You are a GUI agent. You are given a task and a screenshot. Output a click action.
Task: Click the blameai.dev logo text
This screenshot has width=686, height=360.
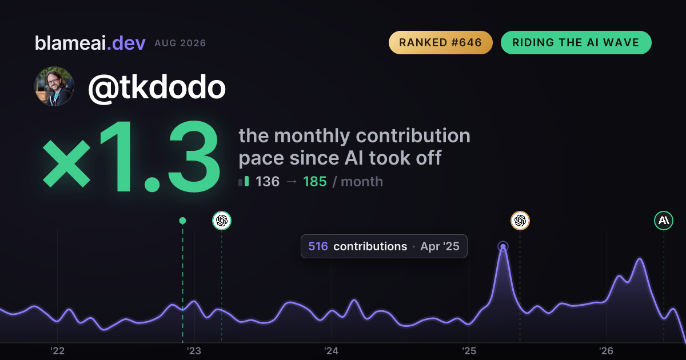[x=90, y=43]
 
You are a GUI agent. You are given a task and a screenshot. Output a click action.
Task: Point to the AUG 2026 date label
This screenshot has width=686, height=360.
[x=180, y=43]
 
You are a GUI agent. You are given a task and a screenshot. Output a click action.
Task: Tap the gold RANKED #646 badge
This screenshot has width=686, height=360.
[x=440, y=42]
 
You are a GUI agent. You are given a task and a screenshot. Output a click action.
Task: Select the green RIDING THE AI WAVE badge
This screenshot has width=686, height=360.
[x=576, y=42]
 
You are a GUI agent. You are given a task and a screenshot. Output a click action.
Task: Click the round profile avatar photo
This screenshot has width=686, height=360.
[x=54, y=86]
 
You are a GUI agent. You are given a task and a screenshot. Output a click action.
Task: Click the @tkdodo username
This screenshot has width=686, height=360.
[x=157, y=87]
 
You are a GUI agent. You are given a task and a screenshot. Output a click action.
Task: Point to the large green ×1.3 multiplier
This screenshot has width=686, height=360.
[x=131, y=156]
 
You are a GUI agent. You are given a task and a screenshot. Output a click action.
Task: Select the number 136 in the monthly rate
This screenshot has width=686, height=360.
[x=268, y=182]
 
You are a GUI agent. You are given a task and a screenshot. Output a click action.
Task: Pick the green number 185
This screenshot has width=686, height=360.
[x=315, y=182]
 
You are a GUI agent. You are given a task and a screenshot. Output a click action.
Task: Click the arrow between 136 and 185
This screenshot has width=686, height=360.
[x=291, y=182]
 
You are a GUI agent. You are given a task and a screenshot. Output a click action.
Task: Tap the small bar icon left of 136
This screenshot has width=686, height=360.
[x=244, y=181]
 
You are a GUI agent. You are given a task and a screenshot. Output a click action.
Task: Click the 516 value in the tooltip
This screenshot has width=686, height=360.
[x=318, y=246]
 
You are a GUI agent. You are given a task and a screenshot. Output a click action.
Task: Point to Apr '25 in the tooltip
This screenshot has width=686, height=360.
[x=440, y=246]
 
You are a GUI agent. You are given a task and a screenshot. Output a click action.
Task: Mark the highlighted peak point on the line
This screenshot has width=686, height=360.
[x=503, y=246]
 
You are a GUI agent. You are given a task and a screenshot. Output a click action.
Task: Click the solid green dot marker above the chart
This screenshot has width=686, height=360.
[x=182, y=221]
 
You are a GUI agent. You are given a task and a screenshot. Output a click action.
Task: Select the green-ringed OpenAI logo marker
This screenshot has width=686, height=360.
[x=222, y=221]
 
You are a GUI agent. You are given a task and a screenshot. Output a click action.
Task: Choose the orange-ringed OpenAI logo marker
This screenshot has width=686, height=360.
[x=520, y=221]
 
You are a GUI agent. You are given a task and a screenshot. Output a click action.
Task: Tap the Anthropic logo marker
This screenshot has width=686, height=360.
[x=664, y=221]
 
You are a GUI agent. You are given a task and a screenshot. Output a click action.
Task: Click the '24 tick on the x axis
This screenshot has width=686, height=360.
[x=332, y=351]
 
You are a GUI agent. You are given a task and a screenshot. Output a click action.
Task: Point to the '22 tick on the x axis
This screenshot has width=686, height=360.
[x=57, y=351]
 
